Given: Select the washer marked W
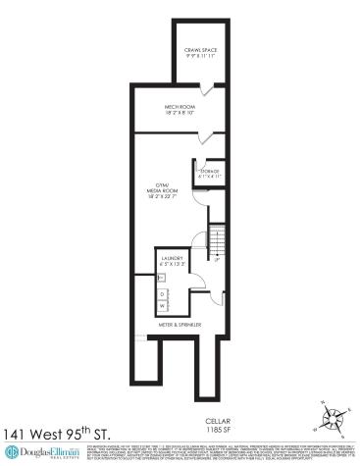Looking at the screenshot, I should pyautogui.click(x=162, y=305).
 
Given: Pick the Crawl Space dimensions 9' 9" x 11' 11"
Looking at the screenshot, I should pyautogui.click(x=195, y=56).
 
